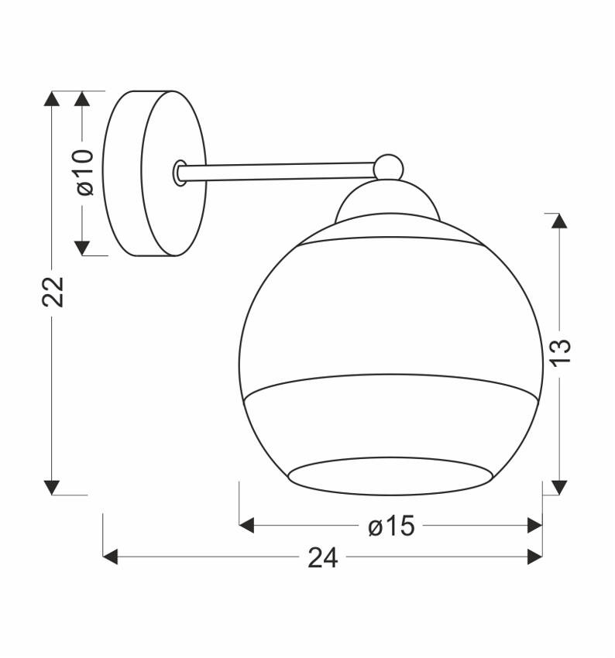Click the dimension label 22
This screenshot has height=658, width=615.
point(52,292)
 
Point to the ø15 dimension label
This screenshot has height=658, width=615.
point(391,526)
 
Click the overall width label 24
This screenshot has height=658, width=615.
point(323,557)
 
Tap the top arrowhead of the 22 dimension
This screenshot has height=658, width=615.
point(52,98)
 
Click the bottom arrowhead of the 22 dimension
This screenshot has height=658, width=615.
point(52,487)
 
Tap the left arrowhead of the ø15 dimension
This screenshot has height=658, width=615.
point(247,526)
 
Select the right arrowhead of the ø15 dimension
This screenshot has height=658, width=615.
point(534,526)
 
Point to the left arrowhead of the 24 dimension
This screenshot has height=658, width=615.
point(111,557)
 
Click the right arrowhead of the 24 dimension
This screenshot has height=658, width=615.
point(534,557)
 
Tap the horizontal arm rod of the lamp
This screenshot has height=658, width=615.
point(279,171)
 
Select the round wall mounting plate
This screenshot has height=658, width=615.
point(155,173)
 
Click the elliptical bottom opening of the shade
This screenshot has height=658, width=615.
point(391,475)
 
